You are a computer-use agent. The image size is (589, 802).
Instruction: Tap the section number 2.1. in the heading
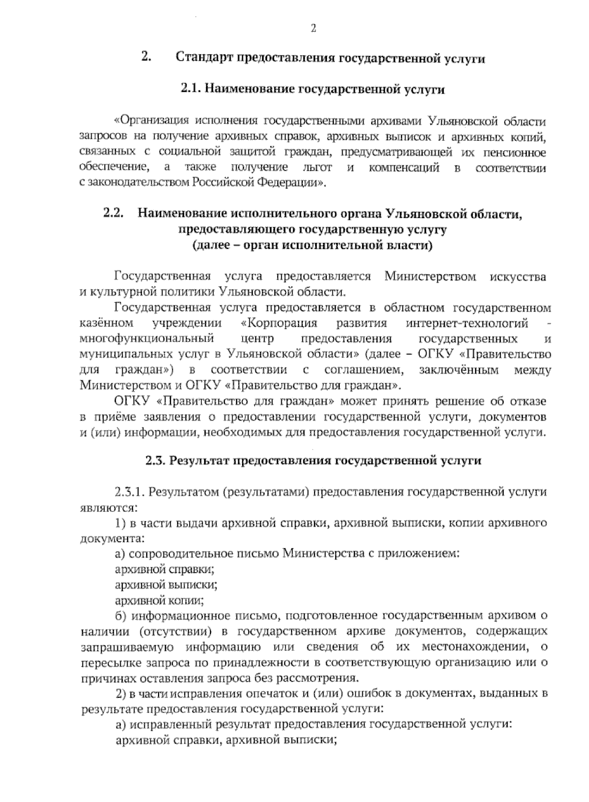tap(191, 89)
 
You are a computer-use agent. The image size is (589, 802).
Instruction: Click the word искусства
tap(518, 277)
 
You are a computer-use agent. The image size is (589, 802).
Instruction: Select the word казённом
tap(106, 323)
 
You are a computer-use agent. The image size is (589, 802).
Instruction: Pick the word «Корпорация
tap(280, 323)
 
